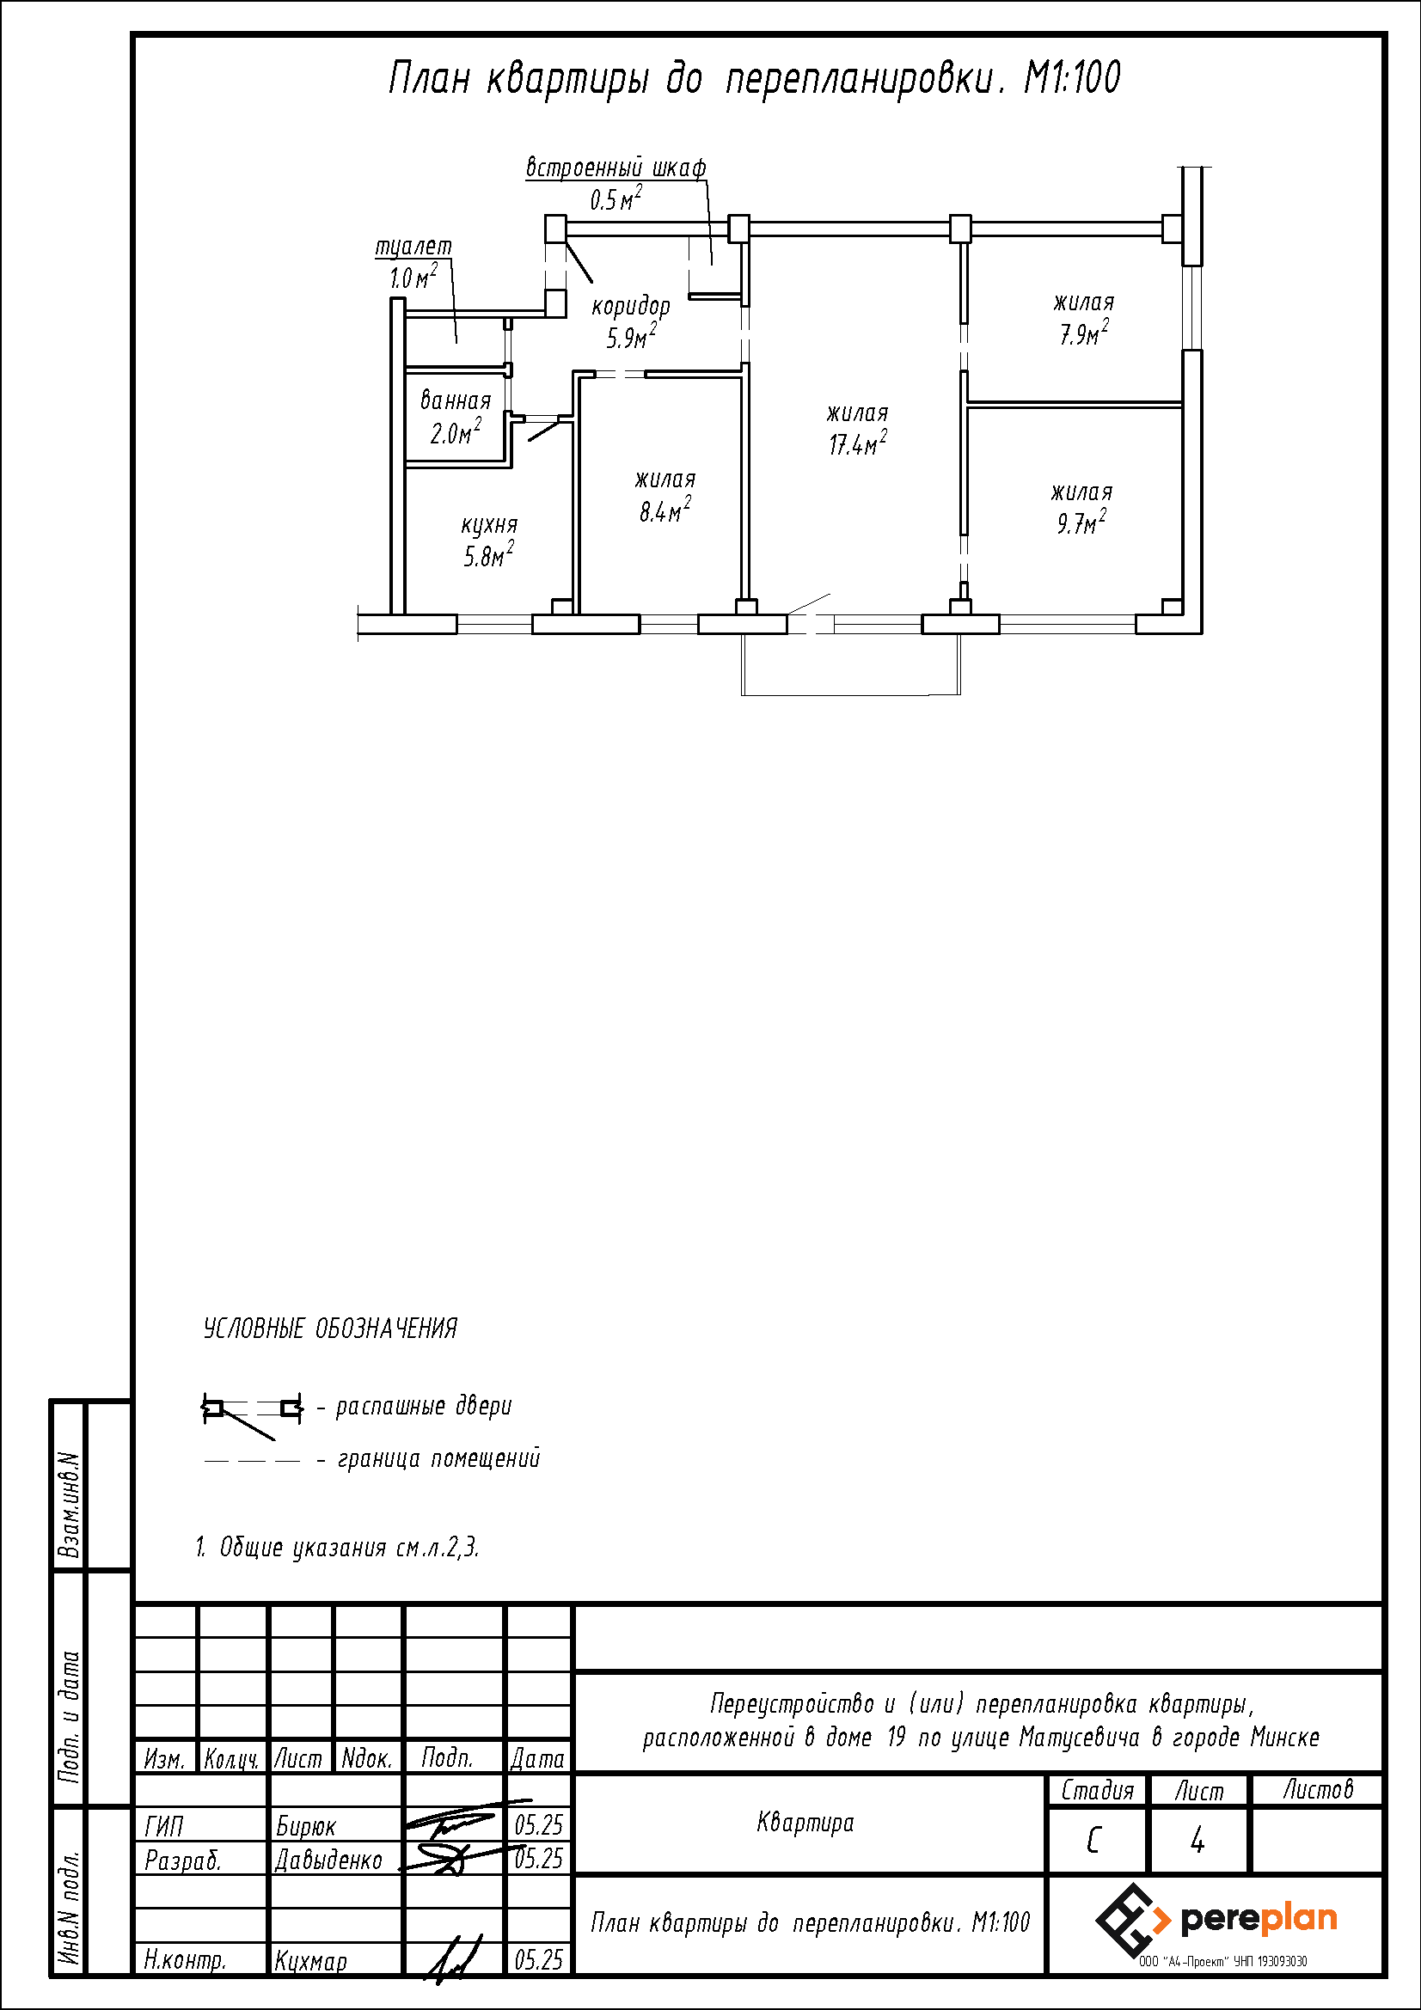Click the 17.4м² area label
pos(857,443)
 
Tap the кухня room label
pos(489,525)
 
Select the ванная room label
pos(456,401)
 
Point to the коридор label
pos(630,307)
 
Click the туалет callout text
pos(413,247)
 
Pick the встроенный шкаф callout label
pos(616,168)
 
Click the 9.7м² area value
pos(1081,522)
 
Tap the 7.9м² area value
pos(1084,333)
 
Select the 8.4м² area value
pos(665,510)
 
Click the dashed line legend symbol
pos(251,1460)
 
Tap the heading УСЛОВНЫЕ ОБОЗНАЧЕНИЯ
pos(330,1329)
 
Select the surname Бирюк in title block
pos(305,1826)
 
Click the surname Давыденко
pos(329,1860)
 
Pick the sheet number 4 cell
pos(1197,1842)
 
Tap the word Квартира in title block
pos(805,1823)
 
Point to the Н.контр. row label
pos(185,1960)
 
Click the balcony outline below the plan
pos(851,694)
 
